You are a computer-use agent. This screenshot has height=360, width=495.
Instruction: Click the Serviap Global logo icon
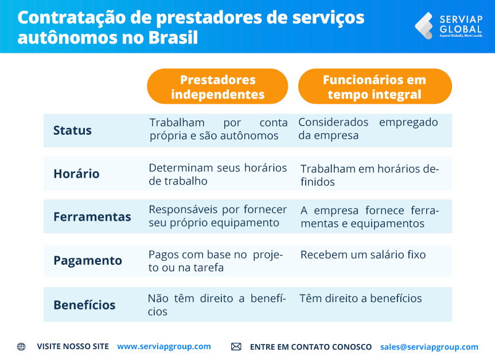point(424,25)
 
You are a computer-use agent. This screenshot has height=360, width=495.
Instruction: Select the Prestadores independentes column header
point(217,87)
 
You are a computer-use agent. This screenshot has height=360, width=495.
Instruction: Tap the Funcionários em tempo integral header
point(375,87)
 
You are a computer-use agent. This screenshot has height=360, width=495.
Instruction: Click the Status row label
point(72,131)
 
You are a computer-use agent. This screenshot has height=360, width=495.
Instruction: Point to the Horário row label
point(76,174)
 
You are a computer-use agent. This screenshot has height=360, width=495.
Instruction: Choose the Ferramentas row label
point(92,217)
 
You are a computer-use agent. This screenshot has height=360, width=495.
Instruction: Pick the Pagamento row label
point(87,261)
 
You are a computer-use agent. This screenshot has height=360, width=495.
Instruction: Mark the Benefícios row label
point(84,305)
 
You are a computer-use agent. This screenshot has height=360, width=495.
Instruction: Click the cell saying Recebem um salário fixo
point(363,255)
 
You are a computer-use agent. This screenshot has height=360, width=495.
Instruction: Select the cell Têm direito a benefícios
point(361,299)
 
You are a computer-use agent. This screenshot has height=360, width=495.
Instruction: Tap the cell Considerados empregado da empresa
point(368,129)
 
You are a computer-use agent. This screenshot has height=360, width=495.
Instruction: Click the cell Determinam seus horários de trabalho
point(217,174)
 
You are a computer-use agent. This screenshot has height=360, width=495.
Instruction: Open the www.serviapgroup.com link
point(163,347)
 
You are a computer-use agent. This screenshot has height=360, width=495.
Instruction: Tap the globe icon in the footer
point(21,347)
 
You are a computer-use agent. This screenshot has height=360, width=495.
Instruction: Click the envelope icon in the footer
point(236,347)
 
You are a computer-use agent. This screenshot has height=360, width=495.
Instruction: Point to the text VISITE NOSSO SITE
point(72,347)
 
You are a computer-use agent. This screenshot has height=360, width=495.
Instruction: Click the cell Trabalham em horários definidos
point(369,175)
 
